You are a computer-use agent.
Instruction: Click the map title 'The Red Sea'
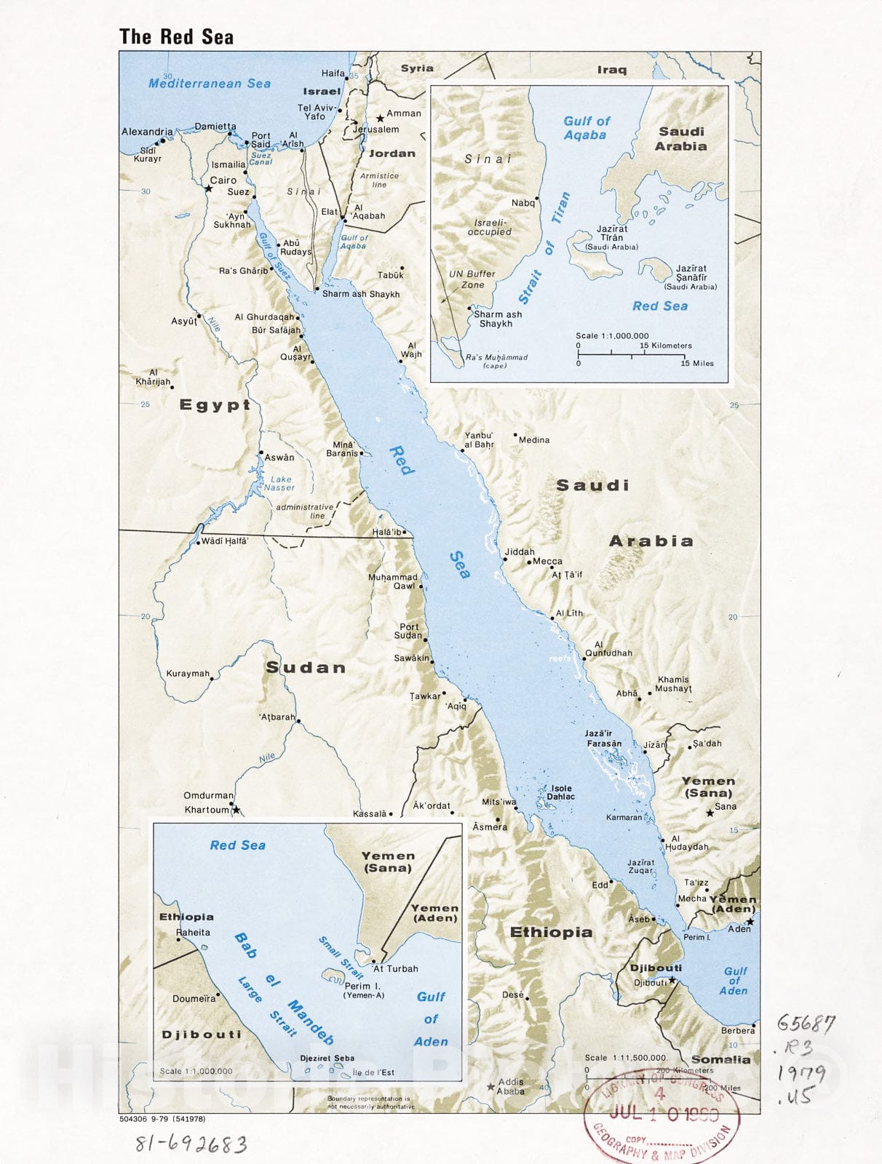pyautogui.click(x=177, y=36)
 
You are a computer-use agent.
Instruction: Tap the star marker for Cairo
pyautogui.click(x=209, y=189)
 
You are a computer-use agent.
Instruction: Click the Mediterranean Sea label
pyautogui.click(x=210, y=84)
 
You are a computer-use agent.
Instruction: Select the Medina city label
pyautogui.click(x=534, y=440)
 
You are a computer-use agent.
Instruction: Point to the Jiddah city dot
pyautogui.click(x=505, y=560)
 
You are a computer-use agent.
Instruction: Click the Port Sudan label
pyautogui.click(x=409, y=631)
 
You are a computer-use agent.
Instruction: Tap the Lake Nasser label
pyautogui.click(x=280, y=483)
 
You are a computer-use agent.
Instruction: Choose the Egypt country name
pyautogui.click(x=215, y=404)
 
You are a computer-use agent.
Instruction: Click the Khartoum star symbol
pyautogui.click(x=237, y=809)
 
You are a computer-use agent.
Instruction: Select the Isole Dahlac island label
pyautogui.click(x=561, y=792)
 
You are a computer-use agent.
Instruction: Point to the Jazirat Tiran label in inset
pyautogui.click(x=611, y=234)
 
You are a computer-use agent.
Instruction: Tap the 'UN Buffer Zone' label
pyautogui.click(x=472, y=279)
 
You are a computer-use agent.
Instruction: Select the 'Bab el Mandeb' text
pyautogui.click(x=284, y=989)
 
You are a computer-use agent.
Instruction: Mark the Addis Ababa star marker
pyautogui.click(x=491, y=1087)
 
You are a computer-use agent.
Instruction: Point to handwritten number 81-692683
pyautogui.click(x=191, y=1144)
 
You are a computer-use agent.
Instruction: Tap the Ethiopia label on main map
pyautogui.click(x=551, y=932)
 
